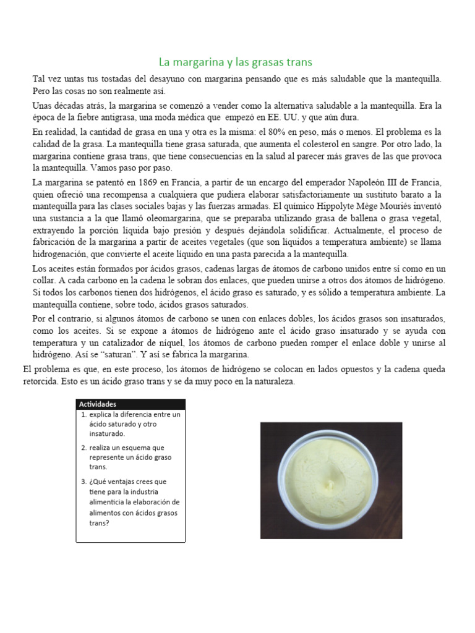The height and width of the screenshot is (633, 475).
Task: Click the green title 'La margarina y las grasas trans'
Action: coord(235,62)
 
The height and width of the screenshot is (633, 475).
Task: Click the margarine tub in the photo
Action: coord(331,480)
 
